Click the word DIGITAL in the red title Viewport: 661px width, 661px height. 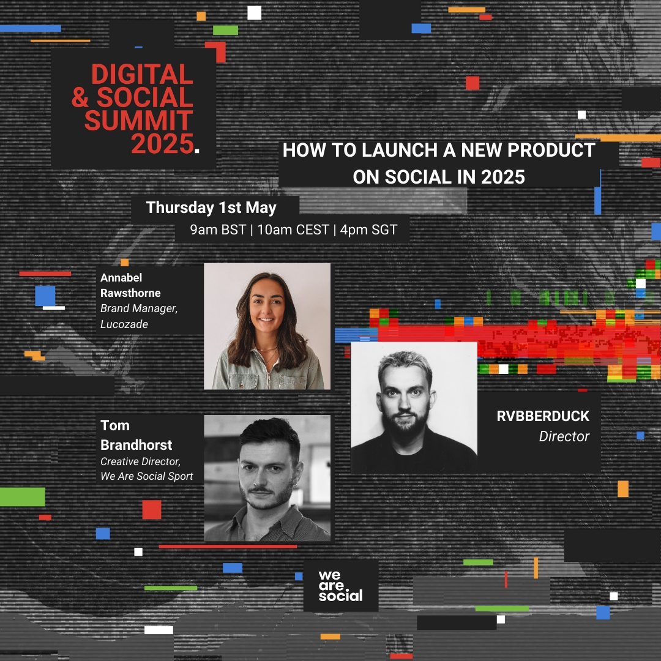142,74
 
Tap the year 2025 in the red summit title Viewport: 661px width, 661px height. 162,144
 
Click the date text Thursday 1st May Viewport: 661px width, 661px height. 211,207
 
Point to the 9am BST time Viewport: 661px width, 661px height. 217,230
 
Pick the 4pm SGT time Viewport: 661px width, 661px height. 368,230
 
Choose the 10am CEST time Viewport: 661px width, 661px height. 293,230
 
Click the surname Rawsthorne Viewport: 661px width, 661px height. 131,293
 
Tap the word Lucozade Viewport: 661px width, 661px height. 124,324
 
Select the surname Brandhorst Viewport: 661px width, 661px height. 136,445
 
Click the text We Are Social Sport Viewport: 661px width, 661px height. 147,476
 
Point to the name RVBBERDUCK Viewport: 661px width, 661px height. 543,416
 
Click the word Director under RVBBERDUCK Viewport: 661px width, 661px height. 564,436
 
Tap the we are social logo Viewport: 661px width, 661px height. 341,586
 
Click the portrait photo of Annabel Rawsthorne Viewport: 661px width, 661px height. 267,326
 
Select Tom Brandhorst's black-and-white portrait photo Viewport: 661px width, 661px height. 267,478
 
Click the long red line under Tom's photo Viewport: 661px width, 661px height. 228,547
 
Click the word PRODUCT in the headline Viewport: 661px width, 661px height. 551,150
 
